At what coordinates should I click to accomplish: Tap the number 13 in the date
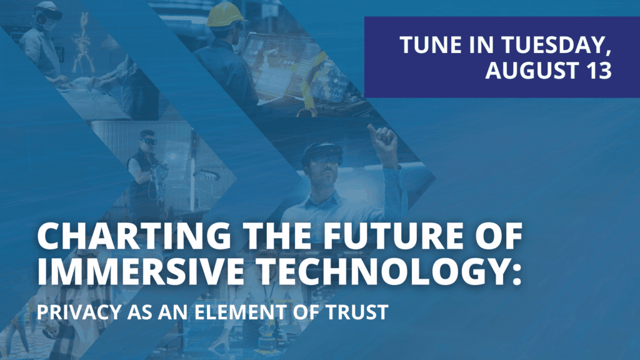coord(599,70)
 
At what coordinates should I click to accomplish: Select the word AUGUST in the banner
coord(532,70)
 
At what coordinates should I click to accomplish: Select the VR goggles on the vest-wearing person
coord(149,142)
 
